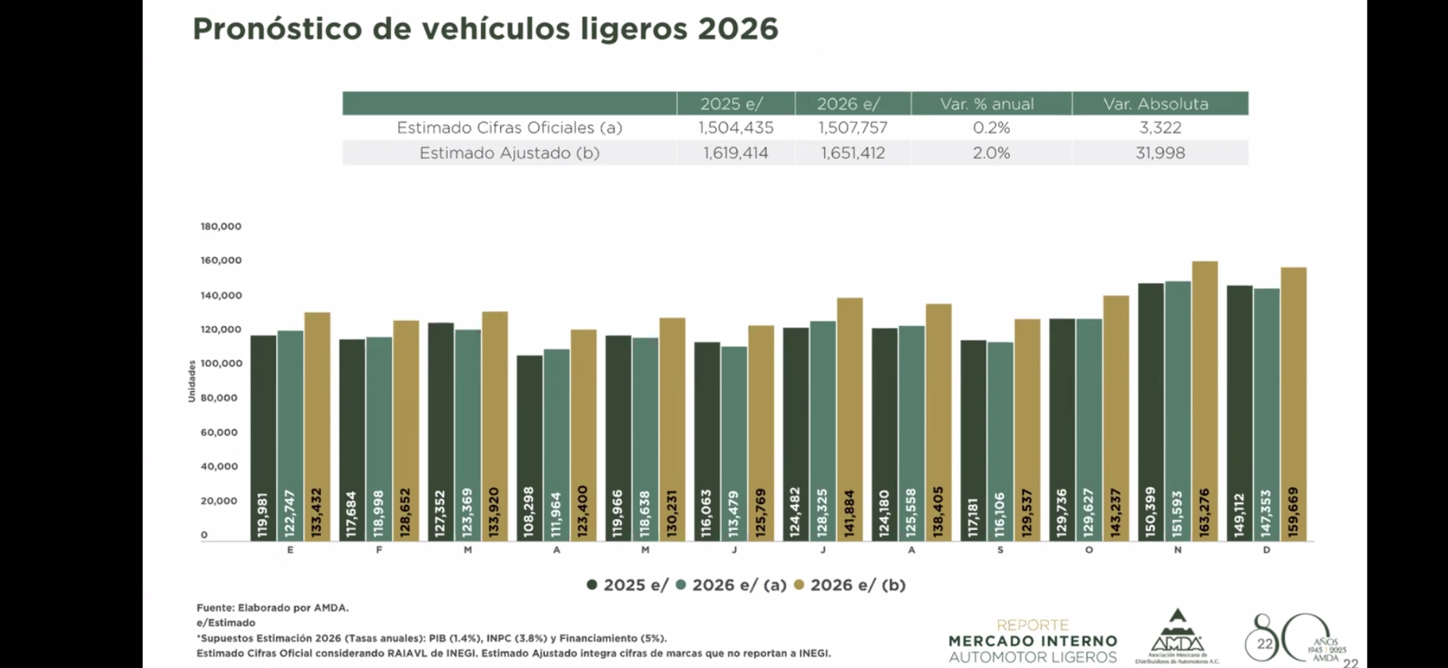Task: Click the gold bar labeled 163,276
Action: tap(1204, 402)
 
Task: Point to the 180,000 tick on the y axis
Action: tap(221, 226)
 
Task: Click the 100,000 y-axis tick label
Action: tap(221, 364)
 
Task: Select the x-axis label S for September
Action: tap(1000, 550)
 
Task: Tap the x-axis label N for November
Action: tap(1178, 550)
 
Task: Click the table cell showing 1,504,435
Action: tap(736, 128)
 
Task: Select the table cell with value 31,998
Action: tap(1160, 153)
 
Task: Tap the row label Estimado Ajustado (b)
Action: tap(509, 153)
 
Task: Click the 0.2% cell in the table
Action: tap(991, 128)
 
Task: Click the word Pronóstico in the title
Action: tap(277, 29)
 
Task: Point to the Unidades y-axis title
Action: tap(192, 381)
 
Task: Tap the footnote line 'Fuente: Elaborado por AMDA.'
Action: tap(272, 608)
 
